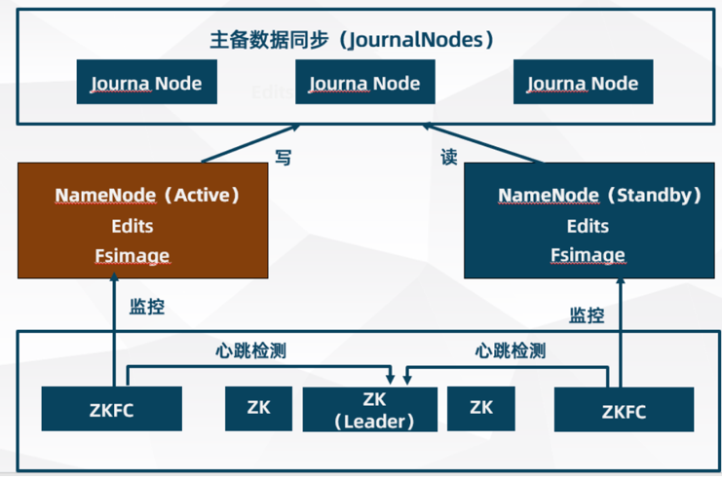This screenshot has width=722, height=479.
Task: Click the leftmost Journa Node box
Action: (x=146, y=83)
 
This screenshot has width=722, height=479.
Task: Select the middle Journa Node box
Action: (x=364, y=83)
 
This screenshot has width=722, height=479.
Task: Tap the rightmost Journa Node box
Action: (x=583, y=83)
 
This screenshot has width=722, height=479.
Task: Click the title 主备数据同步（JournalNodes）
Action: (x=353, y=40)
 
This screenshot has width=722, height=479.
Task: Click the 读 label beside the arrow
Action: (x=448, y=158)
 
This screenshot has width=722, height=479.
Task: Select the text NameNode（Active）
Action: (x=147, y=195)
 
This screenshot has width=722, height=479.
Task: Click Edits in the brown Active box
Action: (x=132, y=225)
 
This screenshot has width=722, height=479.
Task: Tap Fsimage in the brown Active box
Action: (x=132, y=255)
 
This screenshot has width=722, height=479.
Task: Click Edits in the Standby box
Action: (x=588, y=226)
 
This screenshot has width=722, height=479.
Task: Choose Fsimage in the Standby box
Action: (x=588, y=255)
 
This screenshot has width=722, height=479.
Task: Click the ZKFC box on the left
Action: (x=112, y=409)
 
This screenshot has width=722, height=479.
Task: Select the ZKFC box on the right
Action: (x=624, y=410)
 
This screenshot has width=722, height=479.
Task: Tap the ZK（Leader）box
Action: (x=374, y=410)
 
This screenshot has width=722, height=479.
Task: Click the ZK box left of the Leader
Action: (x=259, y=408)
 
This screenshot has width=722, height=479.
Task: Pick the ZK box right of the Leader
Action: (x=480, y=408)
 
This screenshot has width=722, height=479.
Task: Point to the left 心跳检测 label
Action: (x=250, y=350)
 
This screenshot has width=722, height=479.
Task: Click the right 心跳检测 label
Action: (x=510, y=350)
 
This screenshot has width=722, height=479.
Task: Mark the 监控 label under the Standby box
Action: (x=587, y=315)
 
